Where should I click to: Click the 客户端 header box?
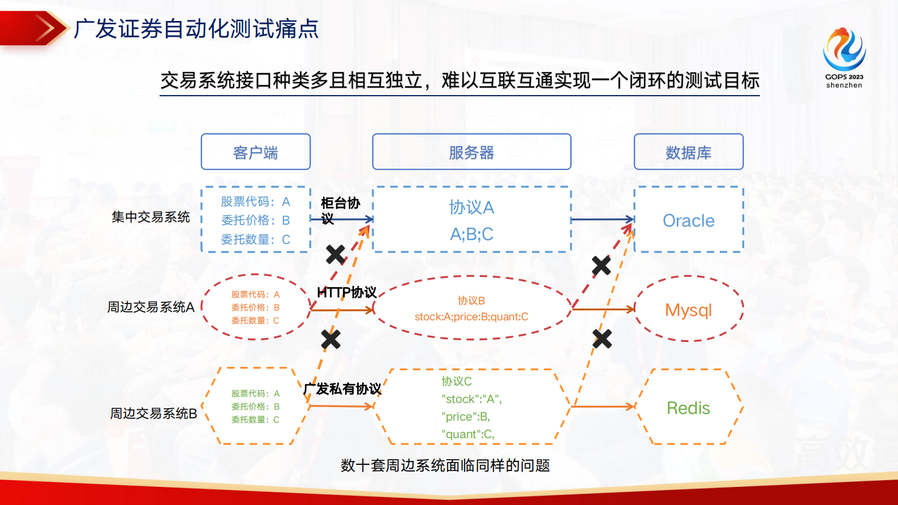click(255, 152)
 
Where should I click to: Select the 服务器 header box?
click(471, 152)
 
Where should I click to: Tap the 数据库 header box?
click(688, 152)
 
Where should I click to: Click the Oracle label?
click(688, 220)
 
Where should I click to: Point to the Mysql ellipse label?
click(688, 310)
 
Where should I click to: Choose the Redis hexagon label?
click(688, 408)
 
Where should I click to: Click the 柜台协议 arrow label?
click(340, 210)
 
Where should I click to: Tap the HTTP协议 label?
click(346, 292)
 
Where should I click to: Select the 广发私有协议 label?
click(342, 389)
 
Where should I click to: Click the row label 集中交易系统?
click(151, 217)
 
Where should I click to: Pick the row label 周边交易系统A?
click(151, 307)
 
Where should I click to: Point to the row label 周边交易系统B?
click(153, 413)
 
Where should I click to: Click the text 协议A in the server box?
click(471, 207)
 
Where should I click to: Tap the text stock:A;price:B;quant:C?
click(471, 316)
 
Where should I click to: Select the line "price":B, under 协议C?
click(466, 417)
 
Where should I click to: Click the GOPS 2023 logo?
click(844, 57)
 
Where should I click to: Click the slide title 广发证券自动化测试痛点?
click(196, 29)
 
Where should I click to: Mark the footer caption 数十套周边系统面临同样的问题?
click(445, 465)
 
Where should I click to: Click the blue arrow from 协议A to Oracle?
click(602, 219)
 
